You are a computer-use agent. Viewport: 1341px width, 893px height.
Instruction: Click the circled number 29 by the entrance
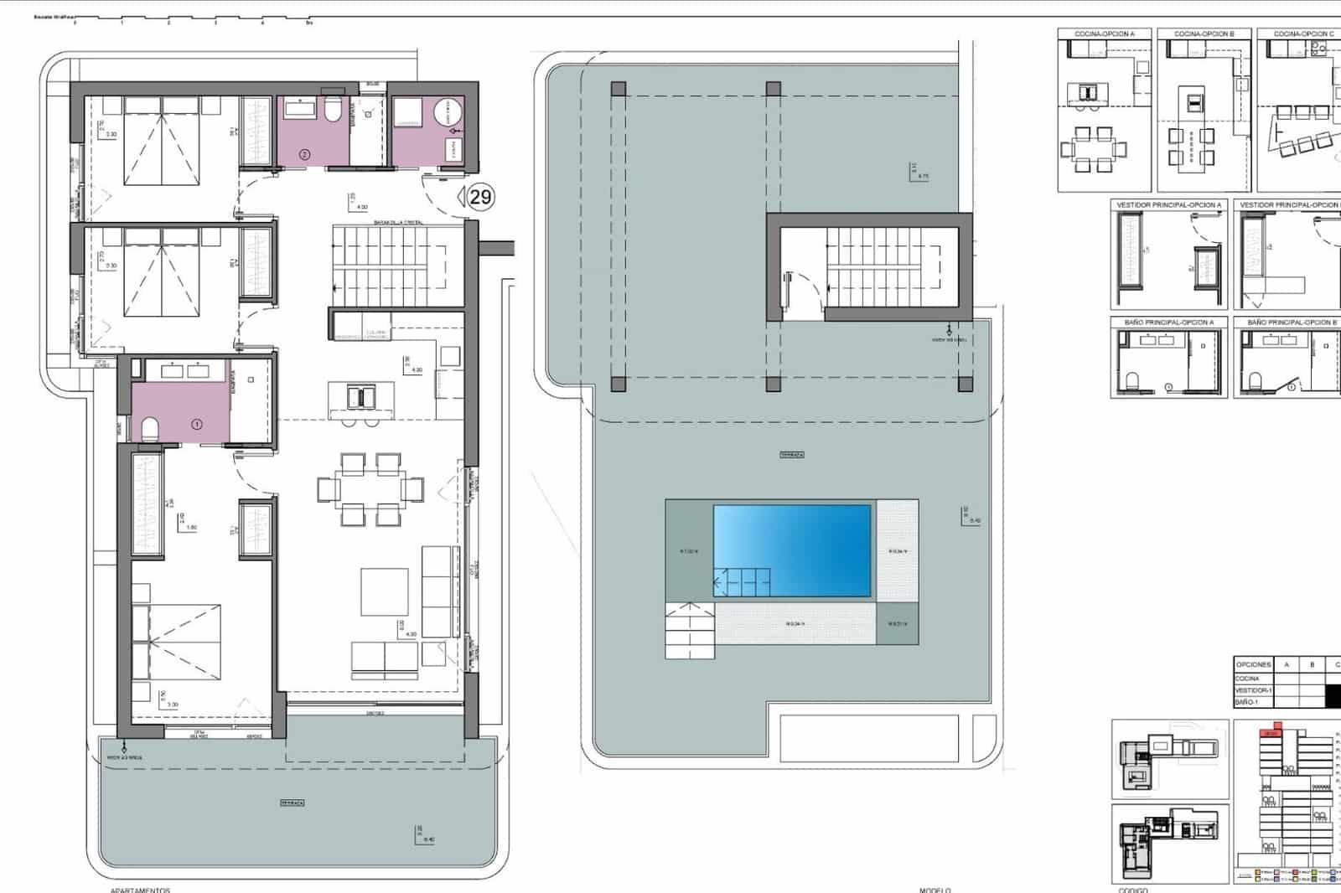tap(480, 197)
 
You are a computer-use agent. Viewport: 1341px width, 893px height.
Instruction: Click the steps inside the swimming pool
tap(742, 581)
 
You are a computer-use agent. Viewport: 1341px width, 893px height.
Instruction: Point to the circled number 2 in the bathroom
tap(304, 154)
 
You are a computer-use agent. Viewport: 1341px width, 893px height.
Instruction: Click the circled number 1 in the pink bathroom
tap(197, 424)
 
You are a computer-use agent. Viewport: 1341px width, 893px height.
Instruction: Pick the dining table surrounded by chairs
tap(370, 488)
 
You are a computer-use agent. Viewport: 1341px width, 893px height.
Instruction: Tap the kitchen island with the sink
tap(361, 395)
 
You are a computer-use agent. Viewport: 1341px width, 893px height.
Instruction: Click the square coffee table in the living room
tap(385, 592)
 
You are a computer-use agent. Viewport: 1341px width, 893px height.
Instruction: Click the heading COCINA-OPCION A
tap(1104, 34)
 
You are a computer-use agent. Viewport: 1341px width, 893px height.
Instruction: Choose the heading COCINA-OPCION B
tap(1204, 34)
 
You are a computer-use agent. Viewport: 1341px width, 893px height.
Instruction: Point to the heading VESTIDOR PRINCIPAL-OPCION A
tap(1169, 205)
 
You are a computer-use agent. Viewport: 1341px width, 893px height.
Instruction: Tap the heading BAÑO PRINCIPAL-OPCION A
tap(1168, 323)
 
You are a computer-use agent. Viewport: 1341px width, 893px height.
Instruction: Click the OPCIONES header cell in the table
tap(1253, 664)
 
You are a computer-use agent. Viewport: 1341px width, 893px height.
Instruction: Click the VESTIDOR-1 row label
tap(1253, 690)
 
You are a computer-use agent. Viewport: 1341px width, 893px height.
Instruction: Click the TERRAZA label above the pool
tap(792, 455)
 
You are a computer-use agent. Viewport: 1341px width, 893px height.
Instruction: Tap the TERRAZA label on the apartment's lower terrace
tap(292, 803)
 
